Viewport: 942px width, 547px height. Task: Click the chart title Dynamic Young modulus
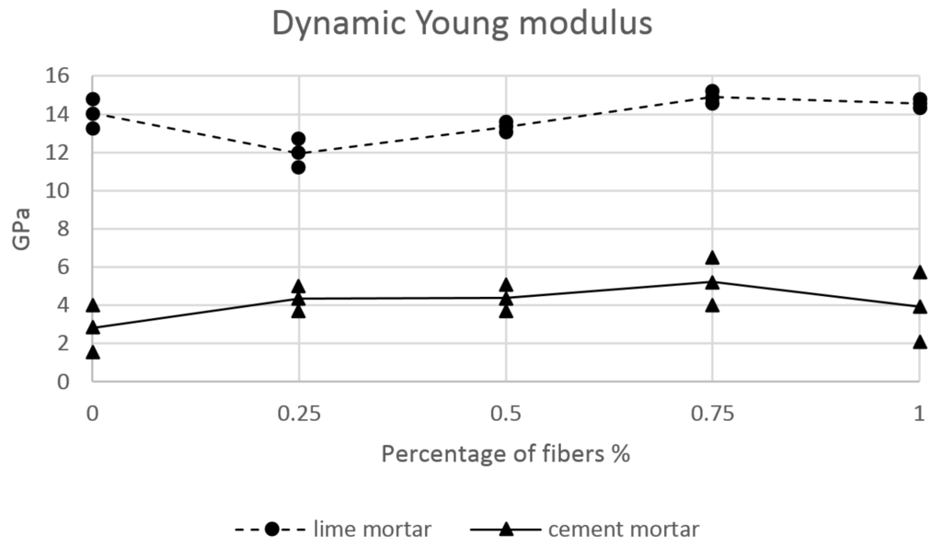463,24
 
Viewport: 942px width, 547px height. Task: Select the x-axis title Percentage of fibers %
505,453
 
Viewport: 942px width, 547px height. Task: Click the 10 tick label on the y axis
62,191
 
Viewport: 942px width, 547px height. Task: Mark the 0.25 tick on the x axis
298,414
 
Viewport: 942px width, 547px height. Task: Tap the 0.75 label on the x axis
712,414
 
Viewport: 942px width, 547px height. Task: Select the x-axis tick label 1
919,414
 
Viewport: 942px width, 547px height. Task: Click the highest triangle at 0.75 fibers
712,257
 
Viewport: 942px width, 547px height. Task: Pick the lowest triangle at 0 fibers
92,352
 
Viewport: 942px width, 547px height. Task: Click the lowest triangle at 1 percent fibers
919,342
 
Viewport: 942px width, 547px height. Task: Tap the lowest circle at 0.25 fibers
298,166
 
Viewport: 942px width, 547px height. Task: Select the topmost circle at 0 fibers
92,99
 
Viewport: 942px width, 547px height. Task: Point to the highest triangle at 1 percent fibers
919,272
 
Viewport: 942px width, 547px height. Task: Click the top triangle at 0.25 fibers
298,287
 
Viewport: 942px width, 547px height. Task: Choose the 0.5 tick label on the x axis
505,414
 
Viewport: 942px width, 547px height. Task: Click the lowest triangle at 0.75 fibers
712,304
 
